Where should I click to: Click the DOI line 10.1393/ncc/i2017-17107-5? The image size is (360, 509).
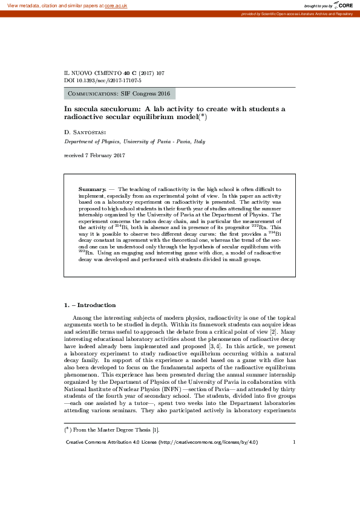[103, 80]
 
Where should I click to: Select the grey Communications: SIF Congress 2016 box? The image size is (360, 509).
[119, 94]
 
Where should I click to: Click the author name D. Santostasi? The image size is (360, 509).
[87, 132]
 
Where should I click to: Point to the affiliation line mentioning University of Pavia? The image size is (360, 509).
[135, 141]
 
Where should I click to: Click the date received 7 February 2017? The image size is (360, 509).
[94, 156]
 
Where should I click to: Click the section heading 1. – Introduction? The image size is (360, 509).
[90, 305]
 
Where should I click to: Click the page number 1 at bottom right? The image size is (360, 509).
[293, 442]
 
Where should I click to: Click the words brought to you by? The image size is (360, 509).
[318, 5]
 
